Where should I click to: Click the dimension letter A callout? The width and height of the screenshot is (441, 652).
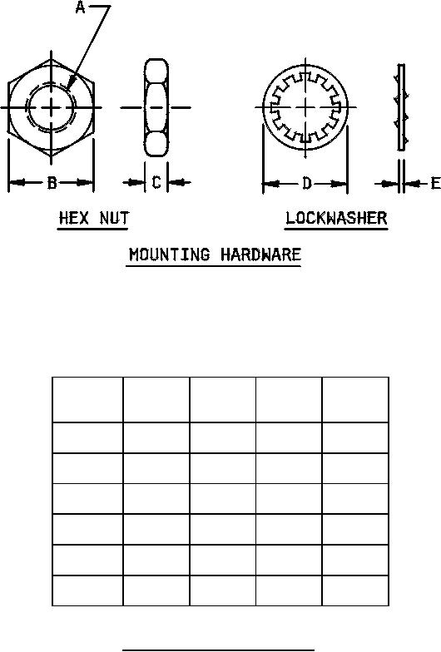pyautogui.click(x=80, y=7)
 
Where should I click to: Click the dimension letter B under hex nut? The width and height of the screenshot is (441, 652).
pyautogui.click(x=52, y=183)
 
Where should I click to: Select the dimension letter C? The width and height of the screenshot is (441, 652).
pyautogui.click(x=156, y=182)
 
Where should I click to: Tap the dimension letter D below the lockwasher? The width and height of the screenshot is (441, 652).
pyautogui.click(x=306, y=183)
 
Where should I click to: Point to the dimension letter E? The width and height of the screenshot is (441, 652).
pyautogui.click(x=435, y=183)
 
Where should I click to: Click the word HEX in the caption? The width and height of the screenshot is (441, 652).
pyautogui.click(x=74, y=218)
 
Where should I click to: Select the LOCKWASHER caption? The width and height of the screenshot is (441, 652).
pyautogui.click(x=336, y=218)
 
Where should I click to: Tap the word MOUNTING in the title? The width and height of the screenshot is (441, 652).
pyautogui.click(x=170, y=254)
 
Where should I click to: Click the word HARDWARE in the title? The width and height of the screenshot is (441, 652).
pyautogui.click(x=260, y=254)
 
